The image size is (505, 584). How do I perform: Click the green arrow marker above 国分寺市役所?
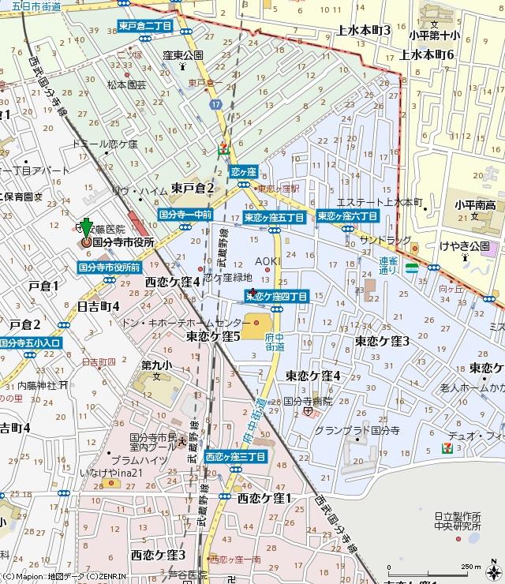pos(87,226)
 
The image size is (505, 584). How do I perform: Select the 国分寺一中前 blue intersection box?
pos(185,215)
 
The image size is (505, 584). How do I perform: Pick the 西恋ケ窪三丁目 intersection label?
pos(235,457)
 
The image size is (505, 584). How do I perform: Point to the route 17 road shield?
pos(216,103)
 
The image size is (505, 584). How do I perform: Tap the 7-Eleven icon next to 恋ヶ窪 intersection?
pos(224,147)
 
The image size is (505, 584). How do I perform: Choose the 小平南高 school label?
pos(474,206)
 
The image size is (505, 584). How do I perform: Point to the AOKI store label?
pos(267,260)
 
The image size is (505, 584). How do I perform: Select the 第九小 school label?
pos(155,365)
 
